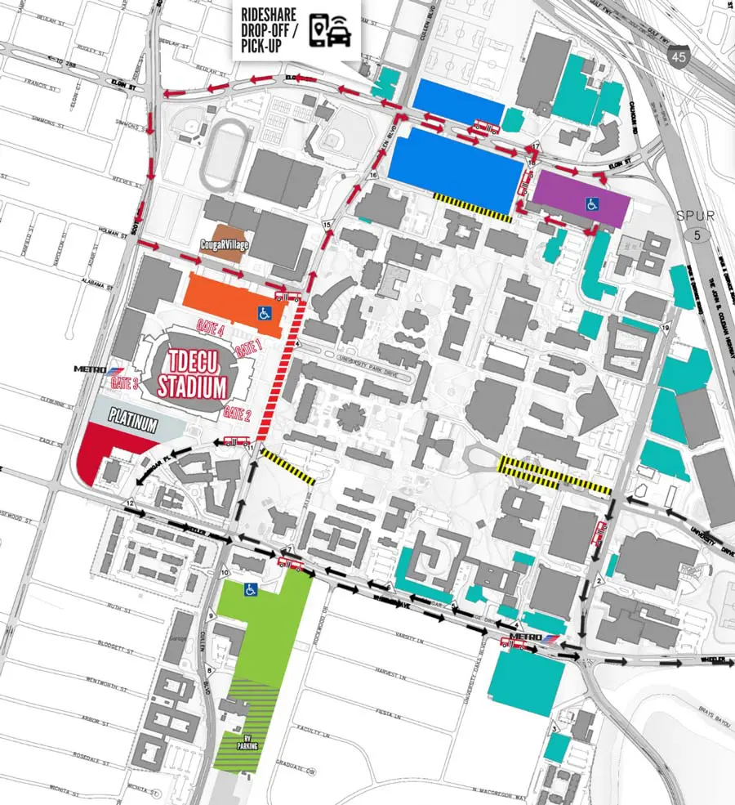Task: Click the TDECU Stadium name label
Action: [192, 373]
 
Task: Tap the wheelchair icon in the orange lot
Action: [265, 311]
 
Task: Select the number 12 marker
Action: [129, 501]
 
